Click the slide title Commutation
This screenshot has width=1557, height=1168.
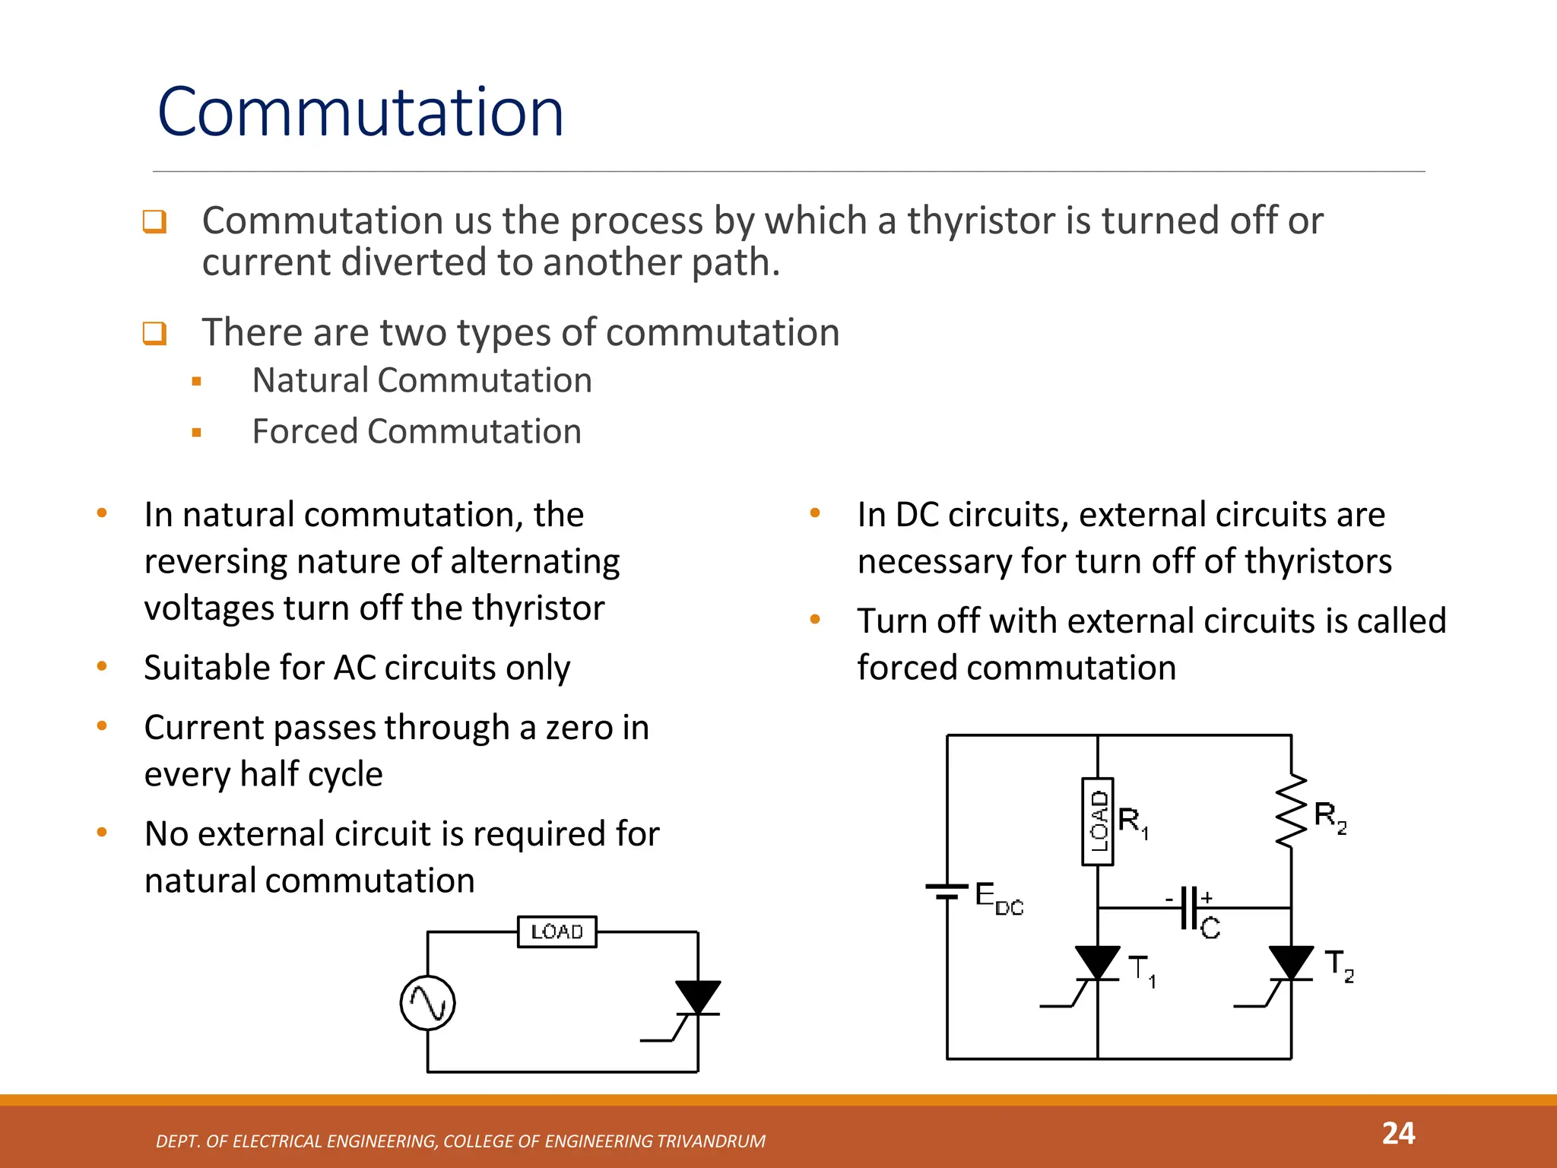[x=360, y=113]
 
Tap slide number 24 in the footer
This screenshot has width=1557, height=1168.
[x=1397, y=1134]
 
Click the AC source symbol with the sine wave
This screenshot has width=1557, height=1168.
[x=427, y=1003]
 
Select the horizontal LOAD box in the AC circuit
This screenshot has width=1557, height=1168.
[x=557, y=932]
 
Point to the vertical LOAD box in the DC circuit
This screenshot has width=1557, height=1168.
[x=1097, y=821]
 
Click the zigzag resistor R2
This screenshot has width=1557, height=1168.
[x=1291, y=811]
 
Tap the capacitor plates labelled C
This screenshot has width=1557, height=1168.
[x=1190, y=908]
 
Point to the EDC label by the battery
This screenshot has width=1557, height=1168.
[x=998, y=899]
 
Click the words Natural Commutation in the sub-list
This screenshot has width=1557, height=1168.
[x=422, y=380]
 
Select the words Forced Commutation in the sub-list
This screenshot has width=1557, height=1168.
[x=417, y=432]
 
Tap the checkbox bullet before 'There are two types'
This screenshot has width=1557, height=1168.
[x=154, y=333]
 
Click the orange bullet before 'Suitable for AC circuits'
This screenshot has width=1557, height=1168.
[x=102, y=667]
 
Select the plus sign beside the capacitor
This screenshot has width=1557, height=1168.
[x=1207, y=897]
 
